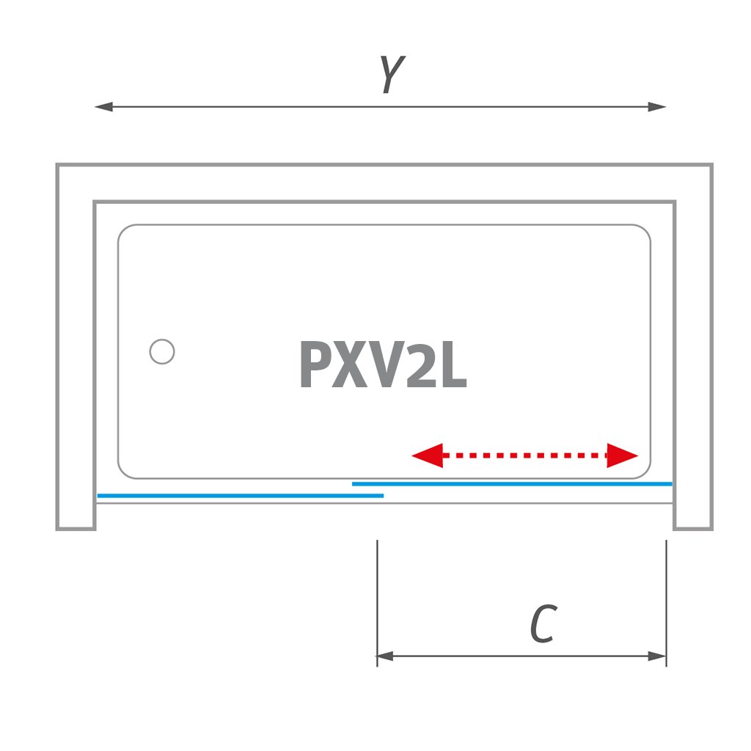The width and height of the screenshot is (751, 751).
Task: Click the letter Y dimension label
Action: click(x=392, y=74)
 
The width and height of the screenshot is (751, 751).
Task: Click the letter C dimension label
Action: click(x=543, y=624)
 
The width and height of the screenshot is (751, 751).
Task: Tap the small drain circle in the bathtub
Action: click(x=162, y=352)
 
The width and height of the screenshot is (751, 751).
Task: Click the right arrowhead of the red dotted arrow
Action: click(x=623, y=455)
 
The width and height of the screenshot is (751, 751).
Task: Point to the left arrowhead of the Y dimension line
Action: click(x=103, y=107)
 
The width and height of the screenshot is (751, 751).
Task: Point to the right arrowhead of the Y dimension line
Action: click(x=658, y=107)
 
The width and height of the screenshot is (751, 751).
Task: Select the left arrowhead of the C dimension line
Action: click(x=385, y=656)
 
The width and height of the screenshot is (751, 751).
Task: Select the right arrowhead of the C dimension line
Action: click(x=658, y=656)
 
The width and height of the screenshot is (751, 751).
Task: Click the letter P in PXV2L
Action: click(x=318, y=365)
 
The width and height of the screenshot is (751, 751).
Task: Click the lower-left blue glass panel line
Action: click(x=240, y=496)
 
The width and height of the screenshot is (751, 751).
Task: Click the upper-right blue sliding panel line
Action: click(x=512, y=484)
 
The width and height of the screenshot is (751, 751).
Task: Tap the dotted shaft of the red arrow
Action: click(x=525, y=455)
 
